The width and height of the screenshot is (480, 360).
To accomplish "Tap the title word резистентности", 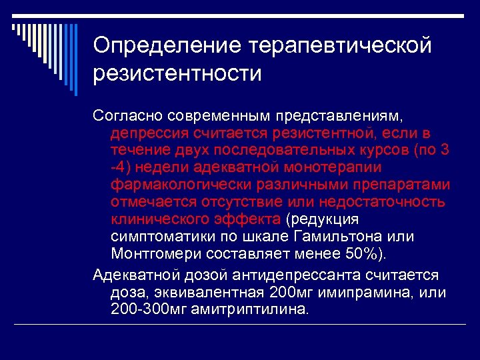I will [x=177, y=73].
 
